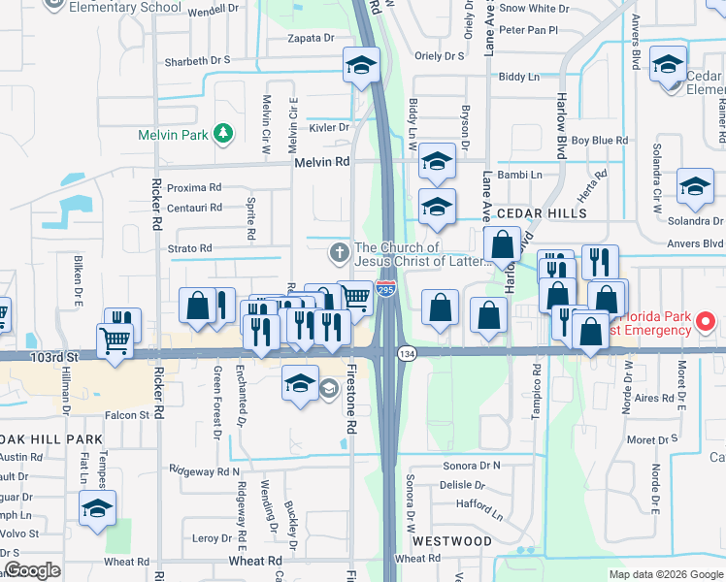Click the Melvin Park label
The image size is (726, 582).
click(173, 134)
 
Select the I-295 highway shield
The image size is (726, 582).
click(386, 290)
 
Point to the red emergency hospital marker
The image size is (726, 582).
click(706, 320)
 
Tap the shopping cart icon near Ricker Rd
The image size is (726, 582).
click(115, 341)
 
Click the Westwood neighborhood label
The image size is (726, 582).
click(451, 540)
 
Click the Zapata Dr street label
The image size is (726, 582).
click(311, 38)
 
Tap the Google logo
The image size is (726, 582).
click(31, 569)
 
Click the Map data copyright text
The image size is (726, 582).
click(665, 574)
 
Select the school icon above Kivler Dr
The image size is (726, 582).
click(360, 66)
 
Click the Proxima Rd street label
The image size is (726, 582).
click(194, 187)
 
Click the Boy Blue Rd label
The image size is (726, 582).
click(599, 141)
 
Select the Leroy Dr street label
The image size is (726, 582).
click(213, 538)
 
